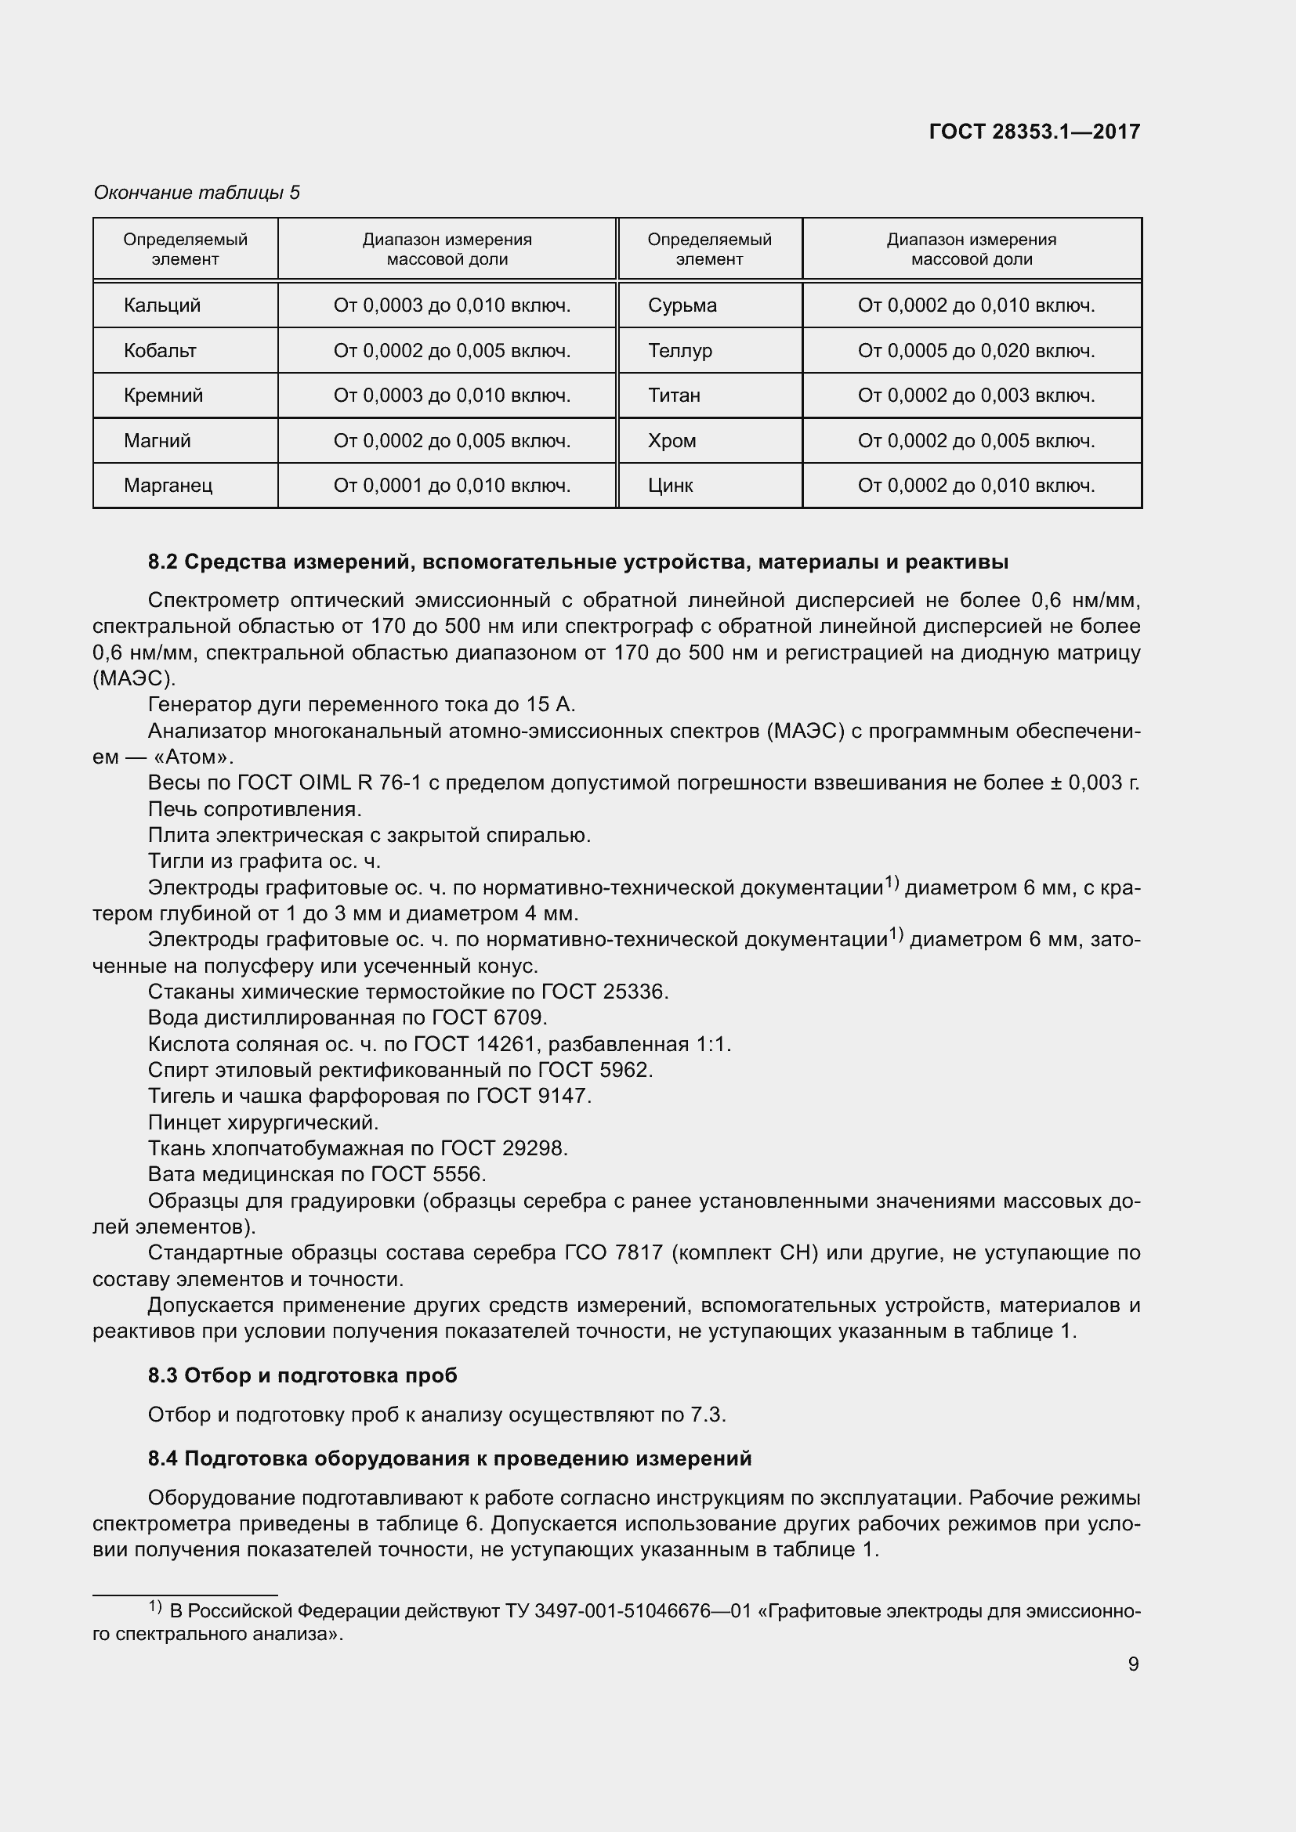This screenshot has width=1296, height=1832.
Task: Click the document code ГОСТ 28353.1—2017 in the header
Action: [x=1034, y=132]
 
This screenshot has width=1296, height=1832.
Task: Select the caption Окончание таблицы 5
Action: [x=197, y=193]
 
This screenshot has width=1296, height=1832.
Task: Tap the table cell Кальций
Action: [x=162, y=305]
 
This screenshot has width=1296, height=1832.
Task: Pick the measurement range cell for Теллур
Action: [x=976, y=351]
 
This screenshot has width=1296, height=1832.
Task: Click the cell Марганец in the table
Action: [x=168, y=486]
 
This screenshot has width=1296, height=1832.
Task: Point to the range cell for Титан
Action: [x=976, y=396]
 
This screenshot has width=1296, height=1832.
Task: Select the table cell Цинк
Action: [x=671, y=486]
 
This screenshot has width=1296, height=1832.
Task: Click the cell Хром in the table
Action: [x=672, y=441]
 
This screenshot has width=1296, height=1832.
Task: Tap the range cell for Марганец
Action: [x=451, y=486]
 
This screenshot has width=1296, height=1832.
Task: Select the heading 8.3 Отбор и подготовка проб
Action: [x=302, y=1375]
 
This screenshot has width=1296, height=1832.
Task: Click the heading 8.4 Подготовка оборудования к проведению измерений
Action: [x=449, y=1458]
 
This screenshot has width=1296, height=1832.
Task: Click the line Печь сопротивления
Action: [x=255, y=809]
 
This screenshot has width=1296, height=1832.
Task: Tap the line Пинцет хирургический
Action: [x=262, y=1122]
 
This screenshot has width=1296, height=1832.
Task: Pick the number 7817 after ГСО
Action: [x=639, y=1252]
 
